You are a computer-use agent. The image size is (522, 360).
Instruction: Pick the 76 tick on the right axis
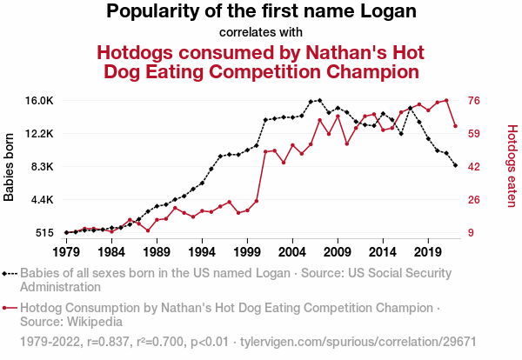[475, 101]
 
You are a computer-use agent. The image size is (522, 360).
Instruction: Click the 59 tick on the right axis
[475, 134]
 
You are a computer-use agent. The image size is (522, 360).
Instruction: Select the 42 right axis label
[475, 167]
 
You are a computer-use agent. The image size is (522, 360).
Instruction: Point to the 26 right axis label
[475, 200]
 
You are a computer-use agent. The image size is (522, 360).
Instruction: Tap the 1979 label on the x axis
[66, 251]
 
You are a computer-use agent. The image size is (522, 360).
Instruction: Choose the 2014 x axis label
[382, 251]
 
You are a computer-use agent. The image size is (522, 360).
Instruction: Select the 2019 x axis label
[427, 251]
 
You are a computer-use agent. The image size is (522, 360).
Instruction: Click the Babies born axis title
[10, 167]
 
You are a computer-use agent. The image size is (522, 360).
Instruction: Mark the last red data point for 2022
[455, 126]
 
